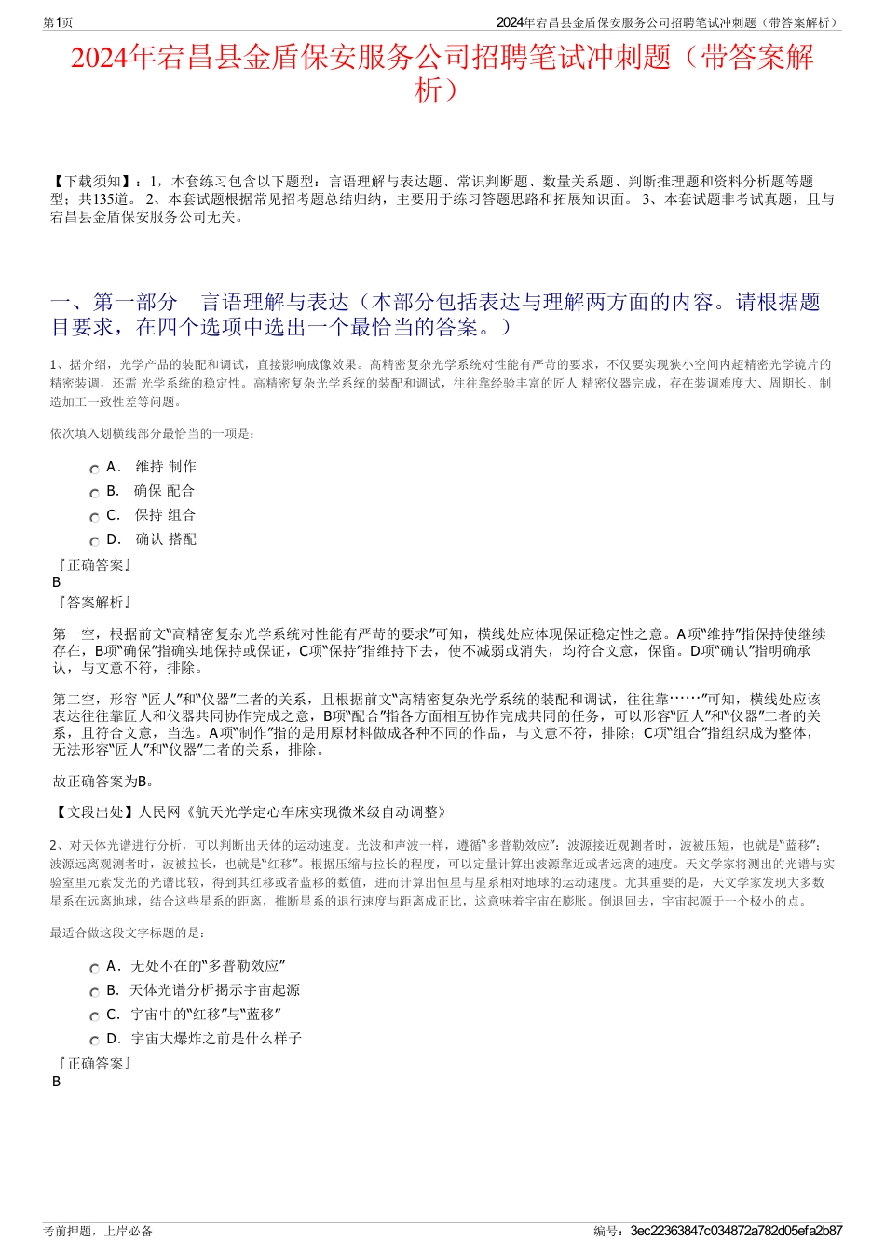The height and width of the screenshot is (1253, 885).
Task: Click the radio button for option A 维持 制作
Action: (x=94, y=470)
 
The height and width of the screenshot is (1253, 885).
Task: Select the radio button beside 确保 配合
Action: (x=94, y=494)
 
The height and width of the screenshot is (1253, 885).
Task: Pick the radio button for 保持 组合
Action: (x=94, y=518)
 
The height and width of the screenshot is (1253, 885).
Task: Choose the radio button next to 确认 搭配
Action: (x=94, y=542)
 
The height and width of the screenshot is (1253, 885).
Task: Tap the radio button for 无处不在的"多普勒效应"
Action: (x=94, y=969)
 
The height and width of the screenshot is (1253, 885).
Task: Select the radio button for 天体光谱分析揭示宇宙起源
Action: (x=94, y=993)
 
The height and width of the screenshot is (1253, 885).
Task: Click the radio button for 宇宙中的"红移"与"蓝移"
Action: (x=94, y=1017)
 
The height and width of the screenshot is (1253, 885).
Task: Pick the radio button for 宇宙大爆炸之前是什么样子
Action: (x=94, y=1042)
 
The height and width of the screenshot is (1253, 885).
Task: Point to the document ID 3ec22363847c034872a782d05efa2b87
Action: (x=736, y=1231)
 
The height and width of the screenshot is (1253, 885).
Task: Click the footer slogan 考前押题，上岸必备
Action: (x=98, y=1231)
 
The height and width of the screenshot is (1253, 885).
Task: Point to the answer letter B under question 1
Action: (x=57, y=582)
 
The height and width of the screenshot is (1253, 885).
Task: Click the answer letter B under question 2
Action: (x=57, y=1082)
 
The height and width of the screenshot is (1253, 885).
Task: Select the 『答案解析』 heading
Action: (x=94, y=603)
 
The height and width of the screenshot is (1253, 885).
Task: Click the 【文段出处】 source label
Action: (x=94, y=812)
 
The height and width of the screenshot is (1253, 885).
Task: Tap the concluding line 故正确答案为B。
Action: (x=104, y=782)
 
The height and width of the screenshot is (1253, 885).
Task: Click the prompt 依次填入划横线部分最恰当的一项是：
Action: (x=153, y=433)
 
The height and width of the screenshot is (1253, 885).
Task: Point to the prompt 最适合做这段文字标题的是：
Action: (x=129, y=933)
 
